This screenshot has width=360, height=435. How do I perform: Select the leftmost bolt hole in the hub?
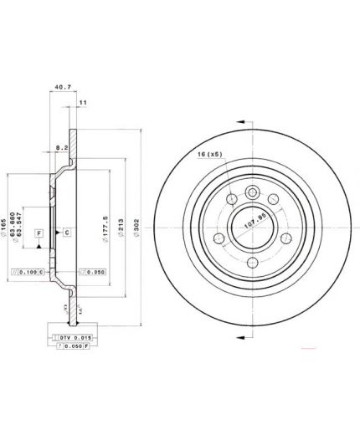point(230,200)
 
